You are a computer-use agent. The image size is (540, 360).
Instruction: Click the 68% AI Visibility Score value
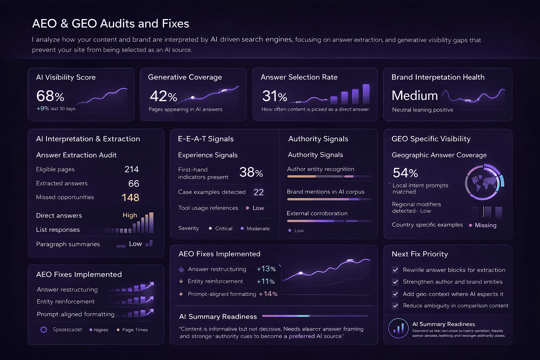[x=50, y=96]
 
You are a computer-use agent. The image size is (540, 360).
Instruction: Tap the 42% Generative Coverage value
[x=163, y=96]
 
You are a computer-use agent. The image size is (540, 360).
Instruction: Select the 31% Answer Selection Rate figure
[x=275, y=96]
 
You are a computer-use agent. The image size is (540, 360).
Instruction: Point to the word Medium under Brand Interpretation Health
[x=414, y=96]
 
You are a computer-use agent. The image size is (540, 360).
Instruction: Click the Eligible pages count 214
[x=131, y=169]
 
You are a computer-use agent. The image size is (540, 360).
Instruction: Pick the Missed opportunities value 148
[x=130, y=198]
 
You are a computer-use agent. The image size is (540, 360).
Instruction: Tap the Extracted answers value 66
[x=134, y=184]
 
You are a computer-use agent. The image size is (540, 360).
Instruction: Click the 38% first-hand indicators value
[x=251, y=172]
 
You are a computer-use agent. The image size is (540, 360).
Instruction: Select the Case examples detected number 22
[x=258, y=192]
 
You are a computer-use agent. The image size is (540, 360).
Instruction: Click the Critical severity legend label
[x=224, y=229]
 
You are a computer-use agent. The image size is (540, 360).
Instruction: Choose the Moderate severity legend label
[x=258, y=229]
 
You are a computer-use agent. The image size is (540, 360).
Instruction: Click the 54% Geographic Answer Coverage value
[x=405, y=173]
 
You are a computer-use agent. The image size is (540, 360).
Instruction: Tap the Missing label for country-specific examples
[x=486, y=225]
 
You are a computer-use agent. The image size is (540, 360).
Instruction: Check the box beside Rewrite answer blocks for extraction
[x=396, y=270]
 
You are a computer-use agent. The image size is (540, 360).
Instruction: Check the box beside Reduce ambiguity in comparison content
[x=396, y=306]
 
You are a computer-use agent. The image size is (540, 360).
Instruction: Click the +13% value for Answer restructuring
[x=266, y=269]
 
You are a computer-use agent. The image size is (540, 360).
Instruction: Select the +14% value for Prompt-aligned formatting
[x=268, y=294]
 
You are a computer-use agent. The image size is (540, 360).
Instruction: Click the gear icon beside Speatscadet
[x=44, y=330]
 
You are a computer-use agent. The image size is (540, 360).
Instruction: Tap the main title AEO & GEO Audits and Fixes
[x=111, y=24]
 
